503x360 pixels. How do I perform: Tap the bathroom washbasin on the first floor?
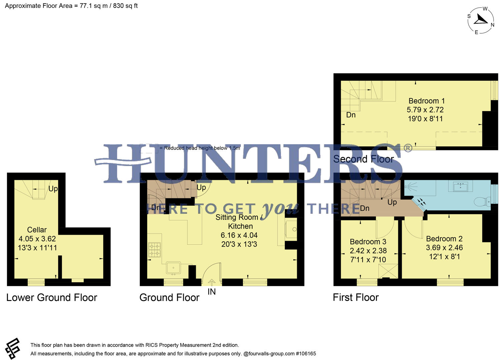(x=463, y=186)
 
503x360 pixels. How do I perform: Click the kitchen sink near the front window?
(x=173, y=268)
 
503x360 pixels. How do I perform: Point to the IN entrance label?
(x=211, y=292)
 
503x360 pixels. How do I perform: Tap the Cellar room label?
(x=37, y=230)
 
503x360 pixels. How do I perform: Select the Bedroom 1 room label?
(x=426, y=101)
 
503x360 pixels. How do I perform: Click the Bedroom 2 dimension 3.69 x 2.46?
(x=444, y=248)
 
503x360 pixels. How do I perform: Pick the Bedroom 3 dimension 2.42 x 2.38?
(x=368, y=251)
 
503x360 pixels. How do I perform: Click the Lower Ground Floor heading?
(x=52, y=297)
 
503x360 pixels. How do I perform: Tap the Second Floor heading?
(x=364, y=159)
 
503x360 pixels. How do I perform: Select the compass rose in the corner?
(x=481, y=20)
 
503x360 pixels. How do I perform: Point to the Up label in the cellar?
(x=53, y=189)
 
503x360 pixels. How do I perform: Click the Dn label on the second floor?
(x=351, y=115)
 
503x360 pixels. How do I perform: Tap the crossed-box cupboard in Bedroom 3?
(x=388, y=271)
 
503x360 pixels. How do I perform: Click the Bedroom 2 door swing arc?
(x=413, y=230)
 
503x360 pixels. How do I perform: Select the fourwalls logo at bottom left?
(x=13, y=349)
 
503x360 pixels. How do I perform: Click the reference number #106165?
(x=306, y=354)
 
